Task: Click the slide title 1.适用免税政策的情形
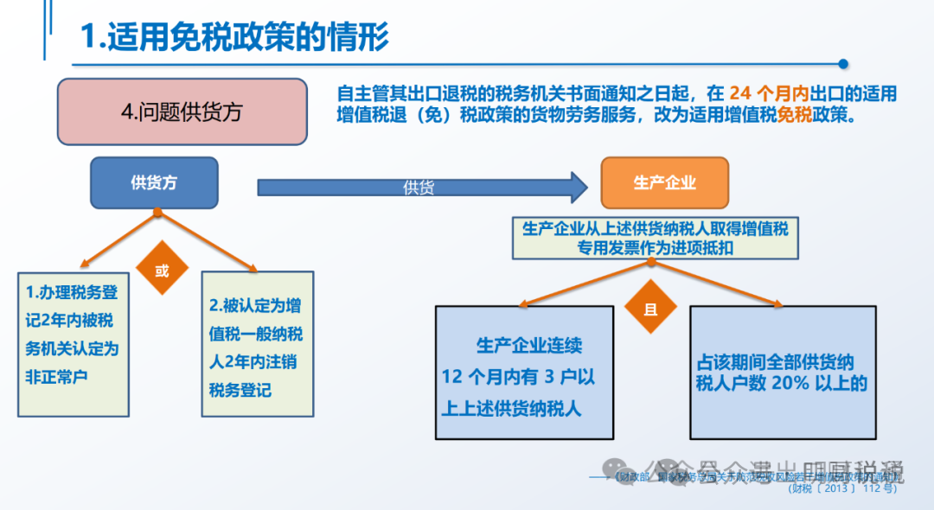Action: coord(233,36)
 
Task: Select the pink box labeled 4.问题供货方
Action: coord(182,112)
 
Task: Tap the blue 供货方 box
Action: coord(154,182)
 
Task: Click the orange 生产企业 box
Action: coord(664,182)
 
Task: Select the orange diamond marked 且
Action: coord(650,309)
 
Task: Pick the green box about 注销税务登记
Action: coord(257,343)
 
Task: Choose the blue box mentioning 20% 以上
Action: coord(784,373)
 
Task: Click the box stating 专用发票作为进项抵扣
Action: coord(654,238)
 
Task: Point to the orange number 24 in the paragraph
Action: coord(739,93)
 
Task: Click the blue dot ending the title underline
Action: coord(844,63)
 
